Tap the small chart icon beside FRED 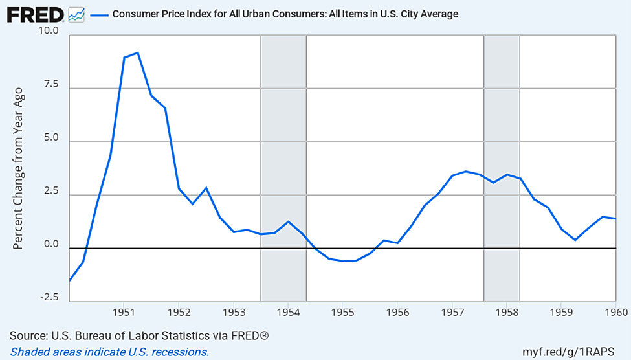[76, 14]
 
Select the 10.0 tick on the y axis [48, 31]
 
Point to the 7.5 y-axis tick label [50, 85]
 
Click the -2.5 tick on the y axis [48, 298]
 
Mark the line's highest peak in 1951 [138, 52]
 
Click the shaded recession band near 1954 [283, 162]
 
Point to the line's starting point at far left [69, 280]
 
